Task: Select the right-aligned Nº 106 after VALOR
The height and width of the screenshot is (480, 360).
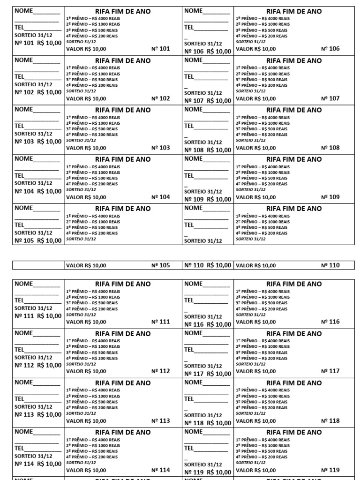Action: tap(330, 49)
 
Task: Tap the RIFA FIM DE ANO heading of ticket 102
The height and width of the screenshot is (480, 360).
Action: tap(123, 60)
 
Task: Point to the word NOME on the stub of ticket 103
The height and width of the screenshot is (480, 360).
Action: tap(24, 109)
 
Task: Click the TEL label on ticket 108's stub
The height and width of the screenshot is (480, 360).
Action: tap(189, 126)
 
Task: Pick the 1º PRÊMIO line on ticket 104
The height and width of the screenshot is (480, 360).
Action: tap(93, 166)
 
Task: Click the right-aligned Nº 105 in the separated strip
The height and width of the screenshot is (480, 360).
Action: tap(160, 265)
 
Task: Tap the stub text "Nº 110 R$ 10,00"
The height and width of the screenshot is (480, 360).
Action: tap(208, 265)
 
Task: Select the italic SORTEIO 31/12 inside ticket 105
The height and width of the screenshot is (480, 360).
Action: tap(81, 239)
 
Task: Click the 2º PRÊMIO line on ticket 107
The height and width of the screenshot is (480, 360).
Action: tap(263, 74)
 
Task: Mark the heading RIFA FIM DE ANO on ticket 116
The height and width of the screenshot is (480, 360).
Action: tap(294, 284)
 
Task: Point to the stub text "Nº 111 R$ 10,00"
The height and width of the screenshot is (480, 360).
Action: tap(38, 316)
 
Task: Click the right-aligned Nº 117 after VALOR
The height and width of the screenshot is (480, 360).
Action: tap(330, 371)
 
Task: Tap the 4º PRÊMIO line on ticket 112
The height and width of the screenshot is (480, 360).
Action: tap(92, 358)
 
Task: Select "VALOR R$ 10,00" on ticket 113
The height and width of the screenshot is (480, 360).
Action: tap(86, 421)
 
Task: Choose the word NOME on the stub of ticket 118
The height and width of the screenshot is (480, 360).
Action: tap(194, 382)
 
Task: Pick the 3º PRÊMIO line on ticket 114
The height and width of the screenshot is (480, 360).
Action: tap(92, 451)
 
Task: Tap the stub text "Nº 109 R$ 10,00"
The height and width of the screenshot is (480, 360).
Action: tap(208, 199)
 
